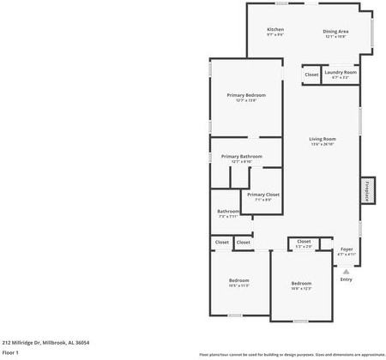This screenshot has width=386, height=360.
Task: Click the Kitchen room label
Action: coord(275,30)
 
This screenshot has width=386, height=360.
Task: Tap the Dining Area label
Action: coord(335,30)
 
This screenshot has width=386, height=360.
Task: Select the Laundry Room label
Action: coord(341,73)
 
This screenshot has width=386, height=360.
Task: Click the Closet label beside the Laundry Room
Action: coord(311,75)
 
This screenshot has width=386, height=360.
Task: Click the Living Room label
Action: coord(323,139)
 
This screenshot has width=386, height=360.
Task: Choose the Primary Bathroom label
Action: coord(241,156)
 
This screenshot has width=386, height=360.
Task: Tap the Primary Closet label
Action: coord(263,195)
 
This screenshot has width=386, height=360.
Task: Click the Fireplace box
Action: coord(366,189)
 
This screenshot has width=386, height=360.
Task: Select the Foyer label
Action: coord(346,249)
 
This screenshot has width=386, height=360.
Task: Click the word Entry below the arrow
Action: coord(346,279)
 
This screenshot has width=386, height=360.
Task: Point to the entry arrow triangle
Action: coord(346,269)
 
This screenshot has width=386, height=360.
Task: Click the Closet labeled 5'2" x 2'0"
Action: coord(304,242)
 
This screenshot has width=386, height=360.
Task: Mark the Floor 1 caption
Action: coord(10,352)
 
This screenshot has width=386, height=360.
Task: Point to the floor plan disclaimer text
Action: coord(292,353)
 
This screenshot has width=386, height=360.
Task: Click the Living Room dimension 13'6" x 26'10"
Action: coord(323,145)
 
